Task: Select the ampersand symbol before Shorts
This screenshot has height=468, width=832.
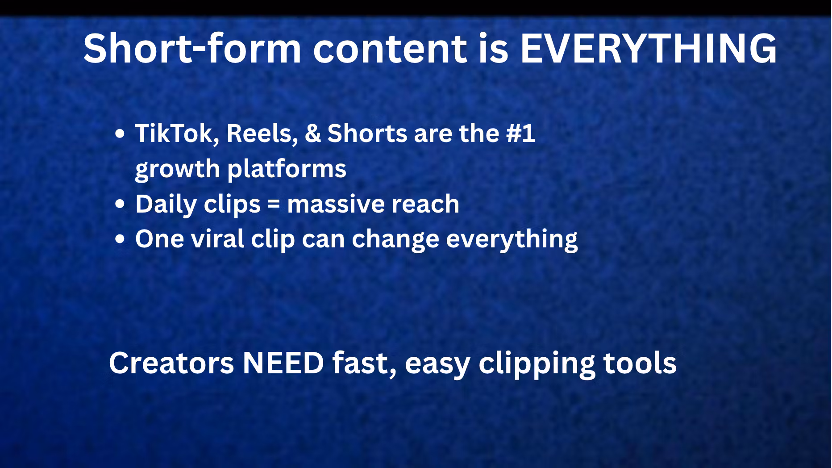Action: (x=312, y=133)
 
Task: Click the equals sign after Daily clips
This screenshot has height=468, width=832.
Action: (x=274, y=205)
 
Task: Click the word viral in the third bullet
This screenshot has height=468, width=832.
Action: (x=218, y=239)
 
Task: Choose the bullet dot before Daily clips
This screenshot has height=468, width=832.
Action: (x=120, y=205)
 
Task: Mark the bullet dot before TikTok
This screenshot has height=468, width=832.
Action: (x=120, y=134)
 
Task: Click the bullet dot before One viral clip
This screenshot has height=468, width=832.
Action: (x=120, y=239)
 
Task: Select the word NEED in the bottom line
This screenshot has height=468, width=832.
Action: (x=283, y=363)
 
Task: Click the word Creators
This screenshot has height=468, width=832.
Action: (x=171, y=363)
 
